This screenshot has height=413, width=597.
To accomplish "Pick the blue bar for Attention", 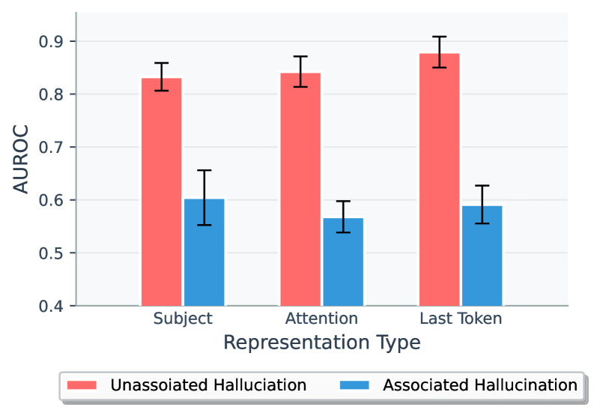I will click(343, 262).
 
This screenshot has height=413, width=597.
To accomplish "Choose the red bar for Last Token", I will click(439, 180).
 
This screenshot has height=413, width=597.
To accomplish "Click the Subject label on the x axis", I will click(183, 319).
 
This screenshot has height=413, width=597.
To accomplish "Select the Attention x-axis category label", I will click(321, 319).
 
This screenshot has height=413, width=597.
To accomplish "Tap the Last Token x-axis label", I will click(461, 319).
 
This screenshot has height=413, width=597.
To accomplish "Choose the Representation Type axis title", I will click(321, 343).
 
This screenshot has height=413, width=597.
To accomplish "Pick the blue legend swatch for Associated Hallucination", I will click(357, 385).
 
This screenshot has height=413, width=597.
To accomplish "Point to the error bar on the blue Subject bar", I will click(204, 198).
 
